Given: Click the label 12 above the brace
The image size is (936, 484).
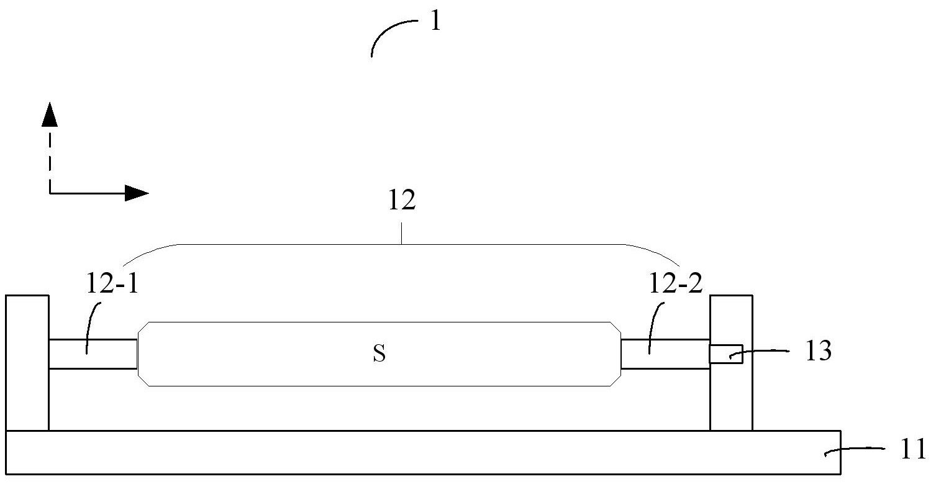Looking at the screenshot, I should click(x=401, y=203).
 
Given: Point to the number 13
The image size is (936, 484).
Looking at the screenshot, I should click(x=817, y=352).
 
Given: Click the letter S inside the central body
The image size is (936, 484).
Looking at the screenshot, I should click(x=379, y=354).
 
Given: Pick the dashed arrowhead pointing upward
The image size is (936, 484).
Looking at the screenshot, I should click(x=49, y=116).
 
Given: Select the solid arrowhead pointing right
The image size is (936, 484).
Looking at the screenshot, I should click(x=136, y=193).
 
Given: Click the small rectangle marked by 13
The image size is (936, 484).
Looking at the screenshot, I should click(x=725, y=354).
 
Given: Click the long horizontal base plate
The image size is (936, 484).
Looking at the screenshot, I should click(x=422, y=453).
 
